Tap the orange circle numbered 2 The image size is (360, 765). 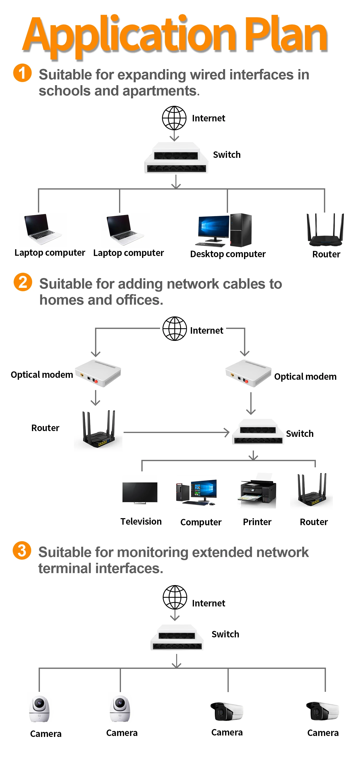point(23,282)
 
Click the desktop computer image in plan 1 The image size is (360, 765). point(225,230)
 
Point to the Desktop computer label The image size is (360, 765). point(228,254)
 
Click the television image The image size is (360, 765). point(140,493)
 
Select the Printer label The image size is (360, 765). point(257,522)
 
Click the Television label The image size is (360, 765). point(141,521)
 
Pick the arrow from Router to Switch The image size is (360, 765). point(176,432)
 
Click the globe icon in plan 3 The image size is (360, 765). point(175,597)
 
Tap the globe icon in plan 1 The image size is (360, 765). point(174,118)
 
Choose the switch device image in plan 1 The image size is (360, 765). point(176,158)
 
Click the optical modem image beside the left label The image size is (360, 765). point(98,373)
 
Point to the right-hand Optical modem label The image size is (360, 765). point(305,377)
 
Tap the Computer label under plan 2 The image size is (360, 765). point(201,522)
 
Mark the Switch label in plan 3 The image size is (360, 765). point(225,634)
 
